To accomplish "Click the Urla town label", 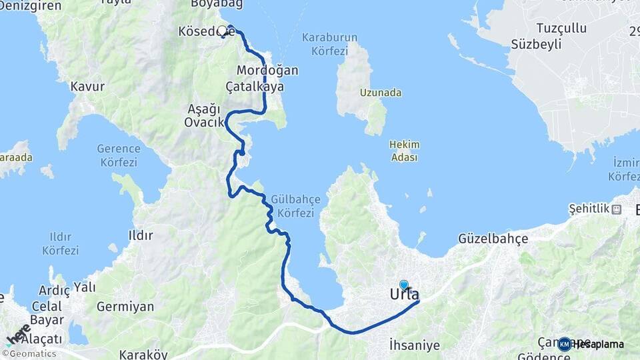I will coord(405,294).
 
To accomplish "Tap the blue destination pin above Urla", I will coord(403,285).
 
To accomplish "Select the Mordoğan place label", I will coord(267,70).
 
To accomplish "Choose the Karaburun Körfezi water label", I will coord(329,44).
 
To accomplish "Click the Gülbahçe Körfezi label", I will coord(295,207).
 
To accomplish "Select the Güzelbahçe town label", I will coord(493,238).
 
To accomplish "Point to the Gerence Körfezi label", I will coord(118,155).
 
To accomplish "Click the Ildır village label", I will coord(140,235).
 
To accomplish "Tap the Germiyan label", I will coord(125,307).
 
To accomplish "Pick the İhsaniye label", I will coord(415,345).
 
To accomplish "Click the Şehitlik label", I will coord(589,209).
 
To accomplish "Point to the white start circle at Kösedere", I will coord(223,31).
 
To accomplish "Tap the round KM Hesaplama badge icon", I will coord(565,344).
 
